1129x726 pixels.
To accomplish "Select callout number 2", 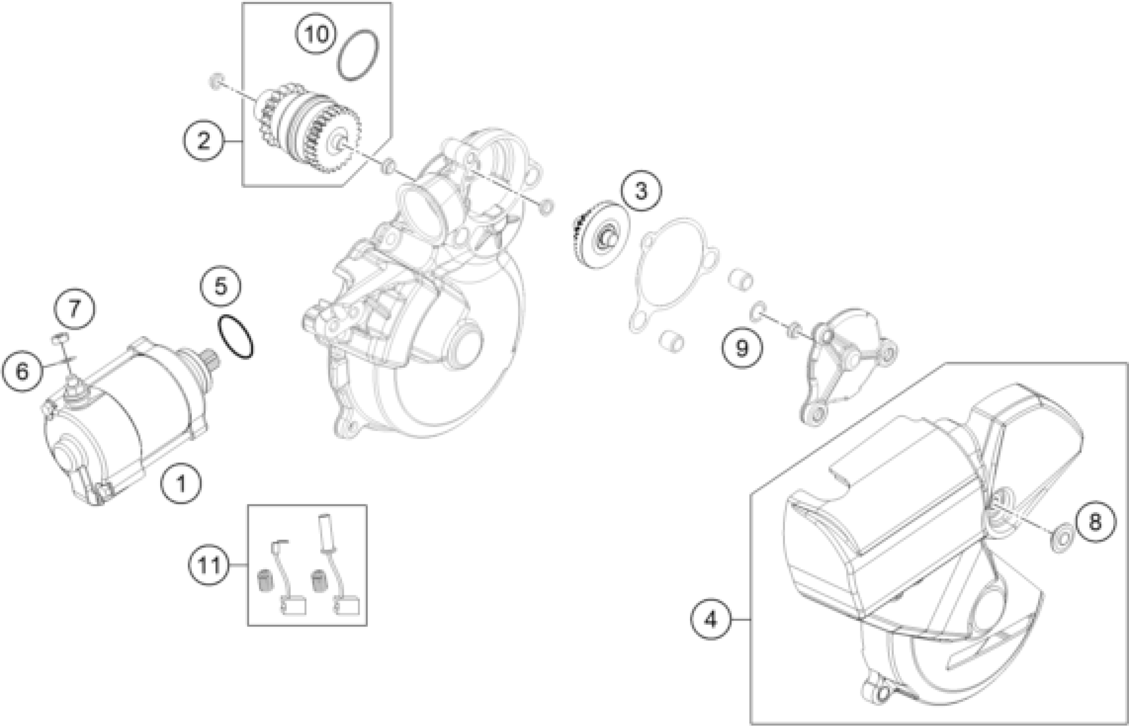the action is pyautogui.click(x=204, y=141).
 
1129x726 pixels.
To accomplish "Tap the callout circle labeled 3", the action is pyautogui.click(x=641, y=191).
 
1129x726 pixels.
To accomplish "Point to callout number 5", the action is pyautogui.click(x=221, y=286).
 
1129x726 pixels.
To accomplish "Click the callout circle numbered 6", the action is pyautogui.click(x=22, y=372).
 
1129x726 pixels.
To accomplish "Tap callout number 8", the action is pyautogui.click(x=1096, y=521).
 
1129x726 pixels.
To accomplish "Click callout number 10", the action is pyautogui.click(x=317, y=34).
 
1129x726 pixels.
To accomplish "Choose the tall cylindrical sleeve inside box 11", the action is pyautogui.click(x=326, y=532).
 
